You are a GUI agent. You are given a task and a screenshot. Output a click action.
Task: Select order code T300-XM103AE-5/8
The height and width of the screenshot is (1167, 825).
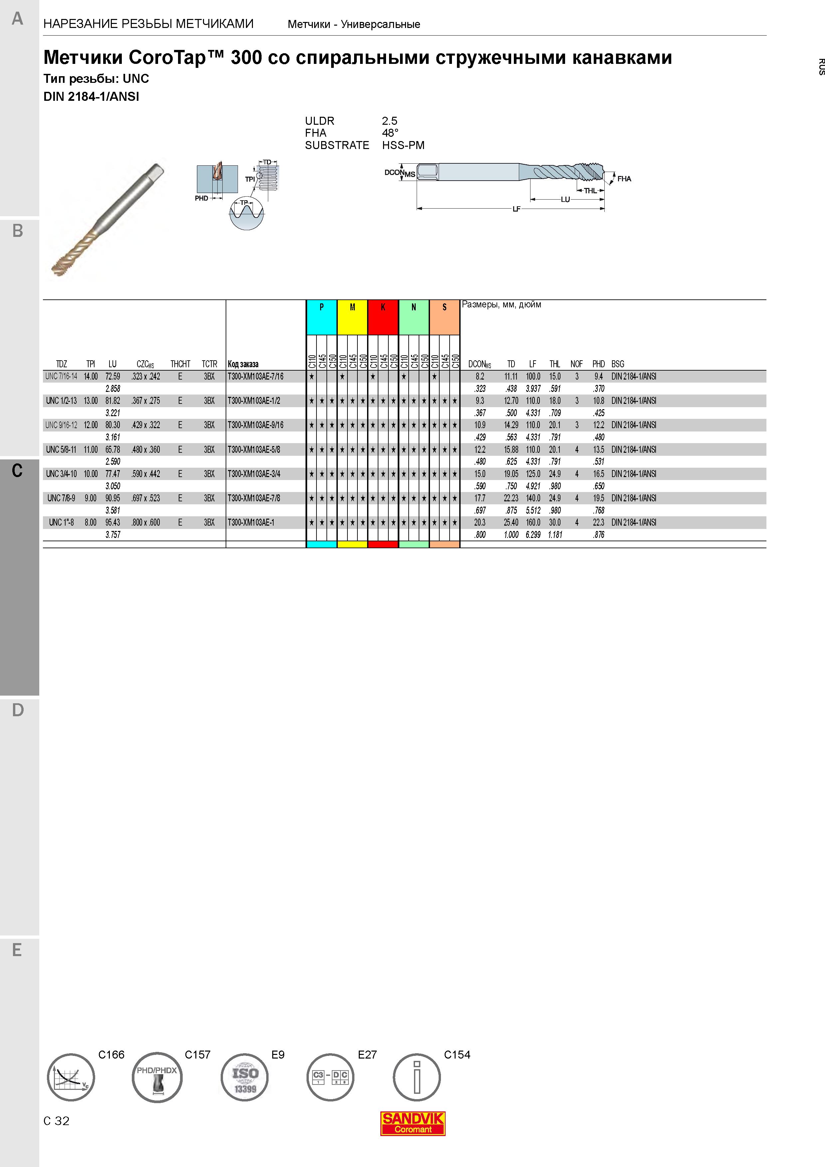253,449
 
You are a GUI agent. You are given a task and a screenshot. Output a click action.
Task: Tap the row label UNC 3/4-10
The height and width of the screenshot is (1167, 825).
61,474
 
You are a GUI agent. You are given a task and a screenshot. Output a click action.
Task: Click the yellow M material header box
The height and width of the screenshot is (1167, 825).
352,317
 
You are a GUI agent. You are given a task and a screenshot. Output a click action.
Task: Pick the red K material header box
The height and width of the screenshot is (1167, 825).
383,317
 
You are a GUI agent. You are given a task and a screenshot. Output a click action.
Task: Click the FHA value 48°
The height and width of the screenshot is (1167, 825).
390,133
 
